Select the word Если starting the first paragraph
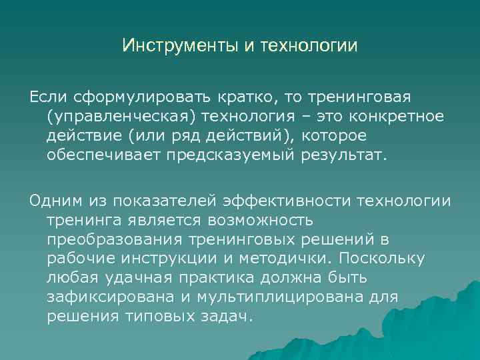pos(46,99)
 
